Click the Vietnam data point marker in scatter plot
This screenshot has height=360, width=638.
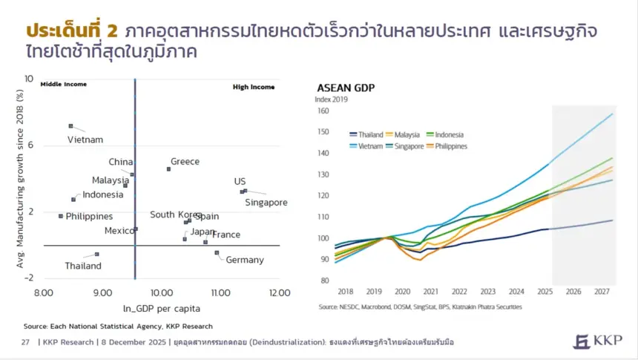pyautogui.click(x=70, y=126)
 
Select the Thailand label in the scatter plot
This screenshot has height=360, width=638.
pyautogui.click(x=82, y=266)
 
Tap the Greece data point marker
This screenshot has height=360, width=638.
pyautogui.click(x=168, y=169)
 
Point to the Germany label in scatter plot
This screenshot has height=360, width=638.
pyautogui.click(x=244, y=260)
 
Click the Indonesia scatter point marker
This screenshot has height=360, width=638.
pyautogui.click(x=73, y=200)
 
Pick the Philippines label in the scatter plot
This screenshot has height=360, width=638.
pyautogui.click(x=89, y=217)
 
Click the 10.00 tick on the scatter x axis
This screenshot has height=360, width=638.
pyautogui.click(x=161, y=293)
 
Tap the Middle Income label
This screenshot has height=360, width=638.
pyautogui.click(x=63, y=85)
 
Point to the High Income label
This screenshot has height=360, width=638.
pyautogui.click(x=254, y=87)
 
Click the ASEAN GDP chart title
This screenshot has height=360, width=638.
pyautogui.click(x=346, y=88)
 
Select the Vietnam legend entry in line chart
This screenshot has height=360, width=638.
pyautogui.click(x=371, y=146)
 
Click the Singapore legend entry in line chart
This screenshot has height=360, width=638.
pyautogui.click(x=415, y=146)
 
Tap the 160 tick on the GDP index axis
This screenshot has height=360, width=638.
pyautogui.click(x=323, y=111)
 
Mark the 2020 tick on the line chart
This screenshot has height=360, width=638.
pyautogui.click(x=402, y=292)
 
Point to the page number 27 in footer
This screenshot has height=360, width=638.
pyautogui.click(x=24, y=342)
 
